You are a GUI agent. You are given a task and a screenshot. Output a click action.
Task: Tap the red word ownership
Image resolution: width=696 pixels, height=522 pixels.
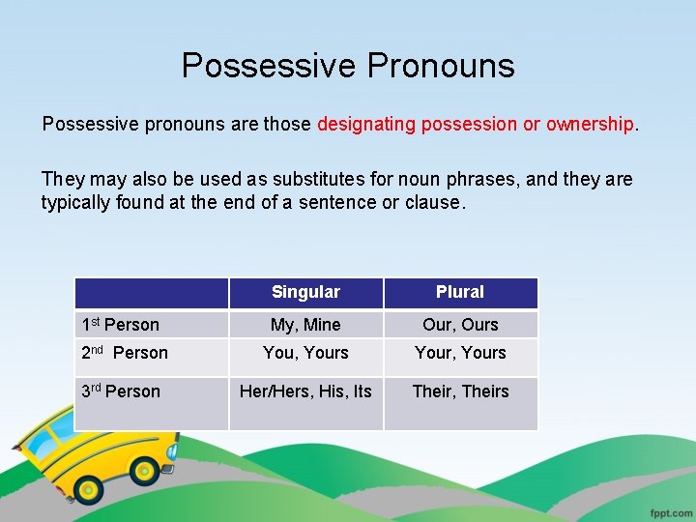(590, 125)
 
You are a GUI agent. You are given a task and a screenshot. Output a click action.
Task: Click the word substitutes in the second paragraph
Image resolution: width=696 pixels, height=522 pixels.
(293, 179)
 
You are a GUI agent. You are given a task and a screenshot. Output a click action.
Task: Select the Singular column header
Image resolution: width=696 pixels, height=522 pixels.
(305, 292)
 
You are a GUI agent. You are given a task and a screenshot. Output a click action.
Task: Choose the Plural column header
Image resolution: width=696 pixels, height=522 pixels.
(460, 292)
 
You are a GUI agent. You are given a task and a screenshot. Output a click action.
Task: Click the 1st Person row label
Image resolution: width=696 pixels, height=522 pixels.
(121, 325)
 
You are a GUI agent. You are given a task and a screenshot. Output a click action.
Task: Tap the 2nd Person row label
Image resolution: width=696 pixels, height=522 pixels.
(125, 353)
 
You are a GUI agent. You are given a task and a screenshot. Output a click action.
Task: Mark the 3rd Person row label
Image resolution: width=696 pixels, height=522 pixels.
(121, 391)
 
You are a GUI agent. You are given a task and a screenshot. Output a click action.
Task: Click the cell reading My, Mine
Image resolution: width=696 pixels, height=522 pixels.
(305, 325)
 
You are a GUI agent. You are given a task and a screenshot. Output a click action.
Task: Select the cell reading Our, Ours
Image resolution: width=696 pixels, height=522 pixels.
(460, 325)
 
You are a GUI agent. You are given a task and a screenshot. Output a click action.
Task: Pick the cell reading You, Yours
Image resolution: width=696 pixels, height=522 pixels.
(305, 353)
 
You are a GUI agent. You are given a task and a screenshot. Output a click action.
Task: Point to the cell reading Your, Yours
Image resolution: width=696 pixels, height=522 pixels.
(460, 353)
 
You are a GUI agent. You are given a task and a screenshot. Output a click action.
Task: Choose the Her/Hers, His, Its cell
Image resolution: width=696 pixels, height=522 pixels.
(305, 391)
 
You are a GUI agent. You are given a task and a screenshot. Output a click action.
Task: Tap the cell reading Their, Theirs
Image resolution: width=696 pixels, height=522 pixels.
(460, 391)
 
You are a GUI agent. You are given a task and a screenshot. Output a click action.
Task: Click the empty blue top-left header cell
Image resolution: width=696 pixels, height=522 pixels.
(152, 292)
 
